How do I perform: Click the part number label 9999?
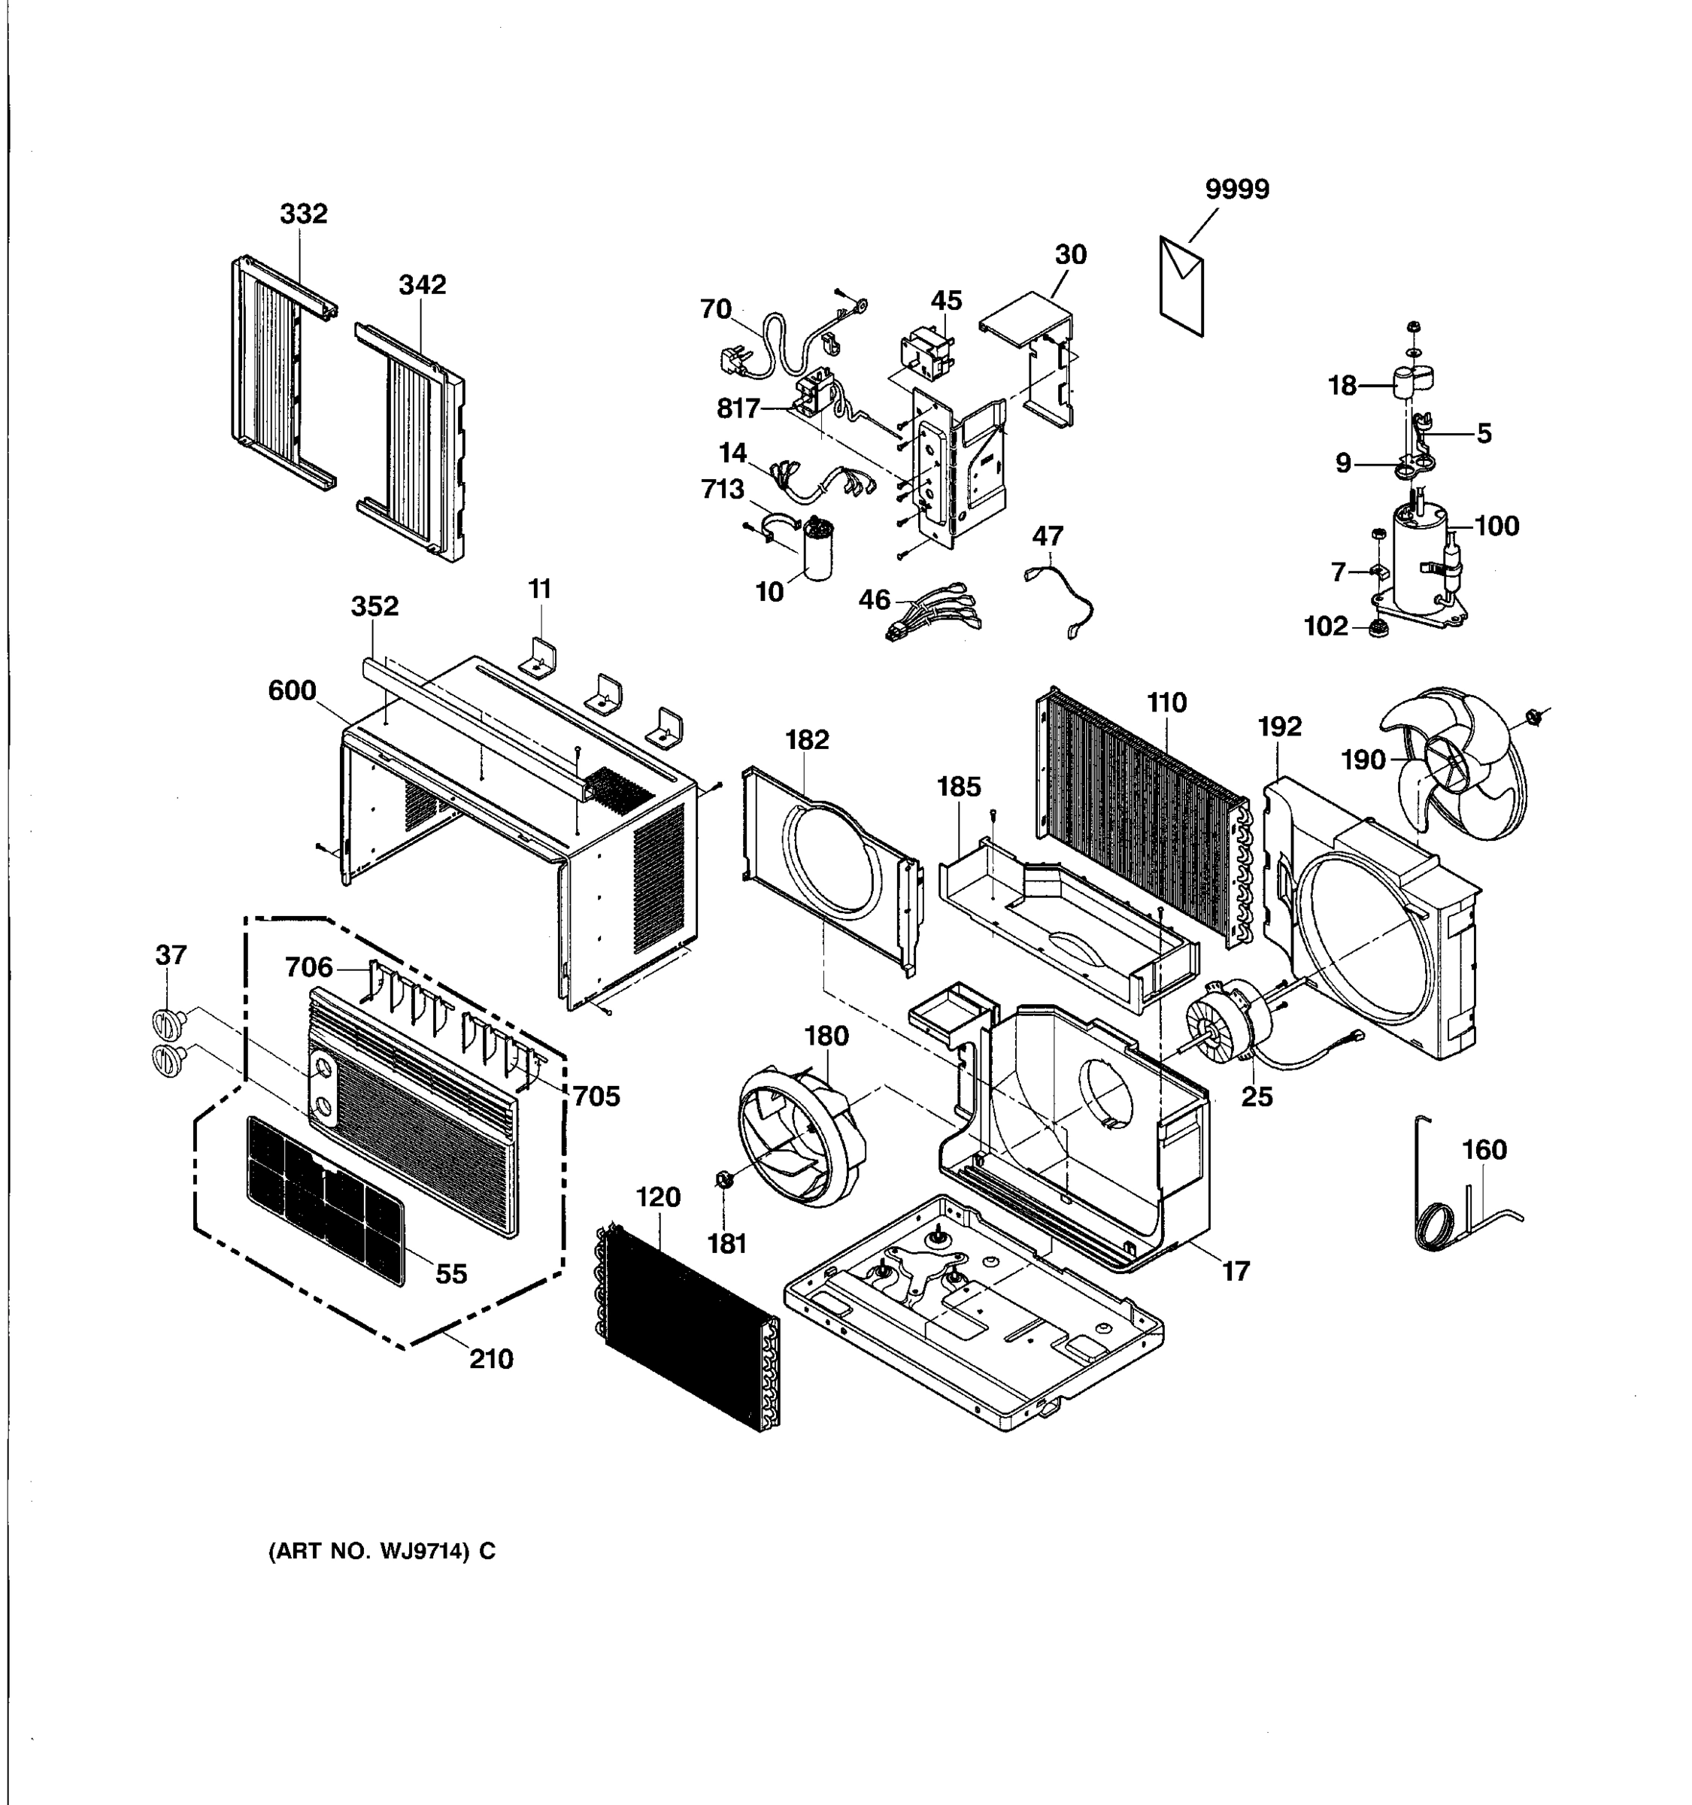click(1236, 189)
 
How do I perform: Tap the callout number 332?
click(303, 214)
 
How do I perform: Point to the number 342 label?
click(422, 284)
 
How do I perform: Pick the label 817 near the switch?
click(738, 408)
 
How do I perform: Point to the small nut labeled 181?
click(724, 1179)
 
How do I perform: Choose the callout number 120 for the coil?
click(658, 1197)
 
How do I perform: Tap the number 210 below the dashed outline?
click(491, 1359)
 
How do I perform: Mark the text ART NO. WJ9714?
click(382, 1550)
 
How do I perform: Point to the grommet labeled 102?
click(1378, 627)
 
